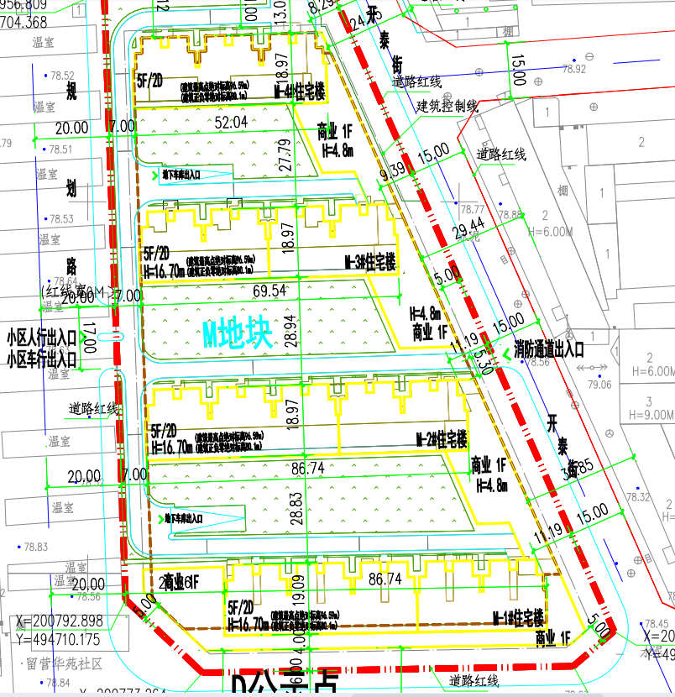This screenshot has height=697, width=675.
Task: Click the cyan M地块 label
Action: [x=238, y=335]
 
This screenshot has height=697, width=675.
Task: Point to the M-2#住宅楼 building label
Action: [x=442, y=438]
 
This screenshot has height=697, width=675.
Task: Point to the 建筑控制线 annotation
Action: [x=447, y=106]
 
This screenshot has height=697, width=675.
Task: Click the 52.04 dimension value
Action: [x=232, y=122]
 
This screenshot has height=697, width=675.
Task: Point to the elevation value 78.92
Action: [x=575, y=69]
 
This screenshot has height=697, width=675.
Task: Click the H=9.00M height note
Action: [x=651, y=414]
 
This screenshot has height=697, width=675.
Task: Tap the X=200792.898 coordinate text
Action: [x=59, y=621]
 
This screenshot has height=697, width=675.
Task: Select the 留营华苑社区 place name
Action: [x=64, y=663]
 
